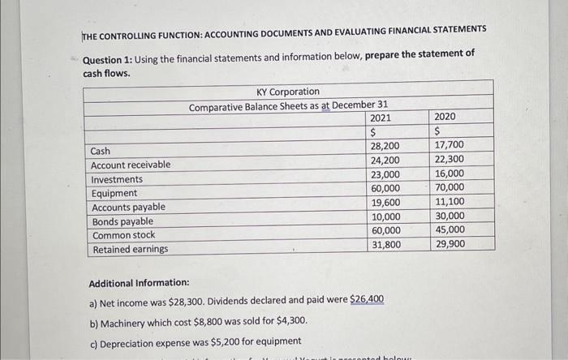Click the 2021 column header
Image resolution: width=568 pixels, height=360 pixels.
(x=380, y=118)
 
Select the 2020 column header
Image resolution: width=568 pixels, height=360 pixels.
(x=445, y=117)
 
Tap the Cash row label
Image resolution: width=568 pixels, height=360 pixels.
(x=101, y=152)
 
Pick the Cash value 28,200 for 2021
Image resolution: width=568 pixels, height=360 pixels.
(x=385, y=146)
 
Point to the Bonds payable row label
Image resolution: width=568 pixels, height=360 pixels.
(x=122, y=221)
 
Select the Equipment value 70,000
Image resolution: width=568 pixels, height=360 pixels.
(x=450, y=187)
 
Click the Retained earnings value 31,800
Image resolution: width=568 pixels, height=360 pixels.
(x=385, y=244)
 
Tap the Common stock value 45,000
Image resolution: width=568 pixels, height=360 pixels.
(x=450, y=229)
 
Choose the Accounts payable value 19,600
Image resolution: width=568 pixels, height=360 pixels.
(x=385, y=202)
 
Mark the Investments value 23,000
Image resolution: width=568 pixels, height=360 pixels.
(x=385, y=174)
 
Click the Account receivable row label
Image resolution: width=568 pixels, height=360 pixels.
(x=131, y=165)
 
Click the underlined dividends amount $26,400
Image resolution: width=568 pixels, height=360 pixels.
(x=367, y=299)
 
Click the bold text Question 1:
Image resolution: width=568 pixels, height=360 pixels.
(x=110, y=53)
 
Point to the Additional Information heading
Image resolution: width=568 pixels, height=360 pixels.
(x=137, y=282)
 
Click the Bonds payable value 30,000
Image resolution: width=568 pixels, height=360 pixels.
(x=450, y=216)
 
